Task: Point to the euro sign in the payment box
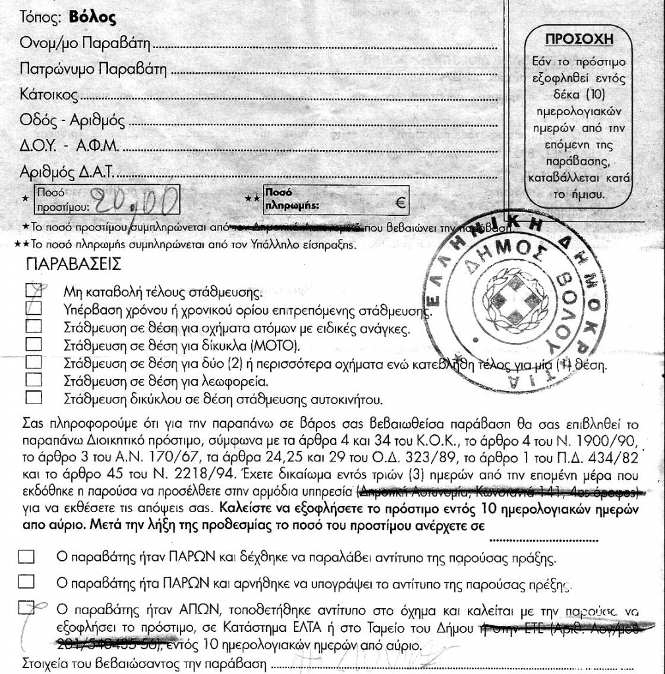coord(398,203)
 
